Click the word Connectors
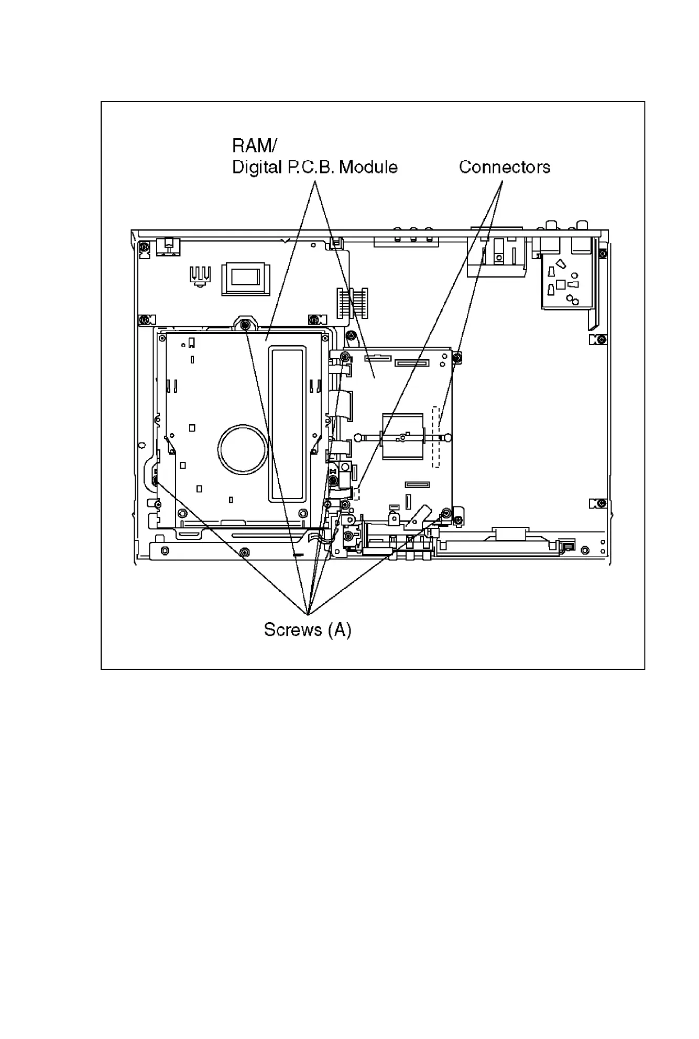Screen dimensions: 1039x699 pyautogui.click(x=504, y=168)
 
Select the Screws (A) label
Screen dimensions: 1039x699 pyautogui.click(x=307, y=629)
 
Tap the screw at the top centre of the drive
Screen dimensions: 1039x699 pyautogui.click(x=245, y=325)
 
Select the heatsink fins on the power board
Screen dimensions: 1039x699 pyautogui.click(x=200, y=275)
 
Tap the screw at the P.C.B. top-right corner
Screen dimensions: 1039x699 pyautogui.click(x=457, y=357)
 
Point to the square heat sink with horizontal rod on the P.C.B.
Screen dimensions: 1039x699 pyautogui.click(x=402, y=436)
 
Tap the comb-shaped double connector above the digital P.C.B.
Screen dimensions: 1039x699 pyautogui.click(x=351, y=303)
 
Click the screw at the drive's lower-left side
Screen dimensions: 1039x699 pyautogui.click(x=155, y=480)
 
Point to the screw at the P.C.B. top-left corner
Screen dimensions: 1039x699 pyautogui.click(x=345, y=357)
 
